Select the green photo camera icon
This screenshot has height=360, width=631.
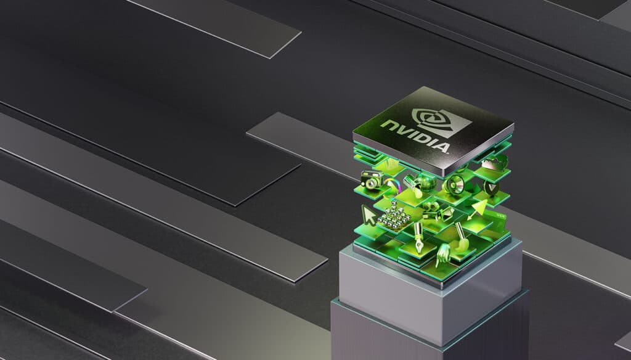[x=372, y=179]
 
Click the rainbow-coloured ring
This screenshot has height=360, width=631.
[x=392, y=184]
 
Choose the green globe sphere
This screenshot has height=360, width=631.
[x=426, y=184]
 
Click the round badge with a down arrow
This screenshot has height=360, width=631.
[x=491, y=187]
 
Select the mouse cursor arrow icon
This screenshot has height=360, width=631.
[x=368, y=215]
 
